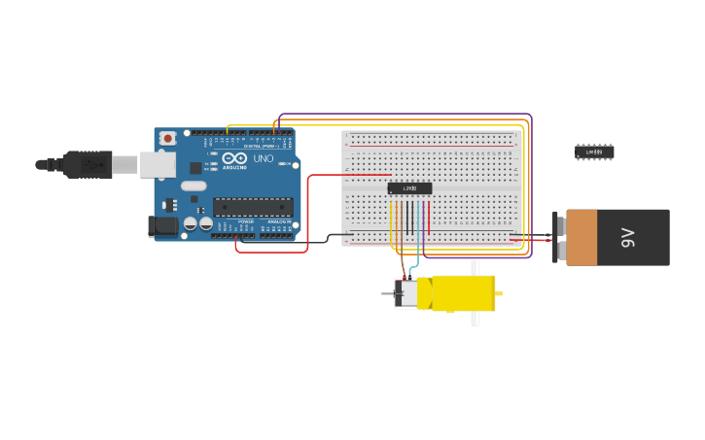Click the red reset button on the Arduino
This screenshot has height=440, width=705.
167,138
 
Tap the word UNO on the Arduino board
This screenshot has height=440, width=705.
263,158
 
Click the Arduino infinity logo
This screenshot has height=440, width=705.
234,158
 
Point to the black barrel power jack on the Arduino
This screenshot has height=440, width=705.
162,226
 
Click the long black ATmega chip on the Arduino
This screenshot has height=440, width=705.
253,207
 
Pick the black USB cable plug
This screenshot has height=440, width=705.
88,165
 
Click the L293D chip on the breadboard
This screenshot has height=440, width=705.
409,188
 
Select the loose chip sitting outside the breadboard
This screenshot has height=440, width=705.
594,152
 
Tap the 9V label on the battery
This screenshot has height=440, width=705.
628,237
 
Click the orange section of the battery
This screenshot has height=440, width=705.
582,237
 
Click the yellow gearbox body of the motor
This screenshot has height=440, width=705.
462,293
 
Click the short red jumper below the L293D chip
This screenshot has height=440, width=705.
428,216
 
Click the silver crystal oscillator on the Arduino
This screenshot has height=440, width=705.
194,186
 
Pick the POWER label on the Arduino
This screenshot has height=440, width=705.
246,221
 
